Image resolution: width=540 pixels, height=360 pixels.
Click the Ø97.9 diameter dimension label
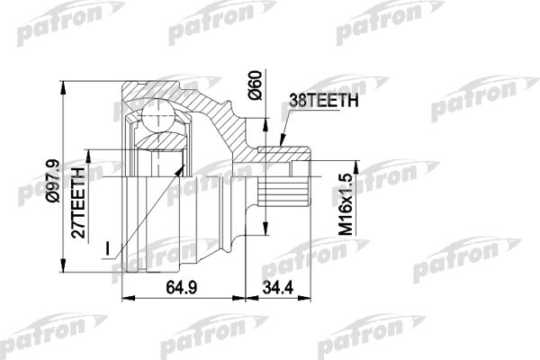54,181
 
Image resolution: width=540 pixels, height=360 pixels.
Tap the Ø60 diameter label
256,85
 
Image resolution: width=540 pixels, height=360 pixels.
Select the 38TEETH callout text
324,101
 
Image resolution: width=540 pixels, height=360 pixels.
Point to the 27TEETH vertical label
78,202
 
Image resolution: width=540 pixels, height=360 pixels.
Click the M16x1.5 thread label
346,204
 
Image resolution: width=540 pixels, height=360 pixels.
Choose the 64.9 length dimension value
182,287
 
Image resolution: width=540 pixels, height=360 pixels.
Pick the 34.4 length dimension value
278,287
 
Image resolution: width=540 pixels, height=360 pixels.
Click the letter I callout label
108,248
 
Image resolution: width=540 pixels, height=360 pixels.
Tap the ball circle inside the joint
157,115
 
